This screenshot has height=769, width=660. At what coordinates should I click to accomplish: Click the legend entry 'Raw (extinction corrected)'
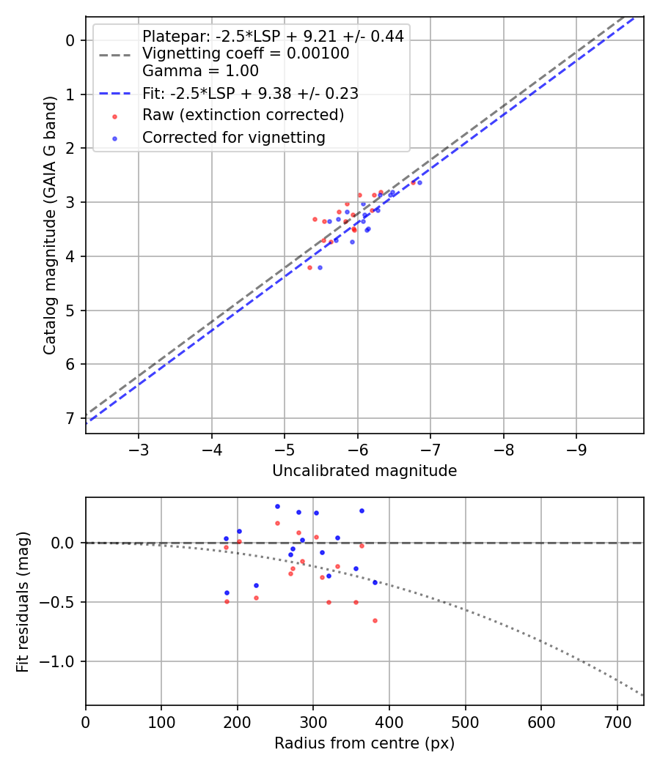point(243,115)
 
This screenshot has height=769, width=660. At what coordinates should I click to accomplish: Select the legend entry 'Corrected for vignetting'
point(233,137)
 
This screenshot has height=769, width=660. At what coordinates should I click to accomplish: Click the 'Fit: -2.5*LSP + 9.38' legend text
point(250,93)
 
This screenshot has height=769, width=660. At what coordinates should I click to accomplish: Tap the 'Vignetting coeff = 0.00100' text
point(246,53)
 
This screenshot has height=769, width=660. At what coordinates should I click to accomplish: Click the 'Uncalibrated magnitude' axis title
point(364,471)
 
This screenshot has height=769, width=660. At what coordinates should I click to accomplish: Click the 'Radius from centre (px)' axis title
point(364,743)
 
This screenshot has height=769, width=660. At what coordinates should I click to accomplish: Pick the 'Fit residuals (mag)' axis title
point(22,601)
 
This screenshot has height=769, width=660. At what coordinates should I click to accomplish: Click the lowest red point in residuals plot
point(375,620)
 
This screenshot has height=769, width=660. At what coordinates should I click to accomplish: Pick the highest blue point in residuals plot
point(277,506)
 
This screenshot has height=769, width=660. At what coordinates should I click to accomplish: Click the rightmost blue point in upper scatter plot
point(419,182)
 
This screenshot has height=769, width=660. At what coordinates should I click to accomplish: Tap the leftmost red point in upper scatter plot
point(309,267)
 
